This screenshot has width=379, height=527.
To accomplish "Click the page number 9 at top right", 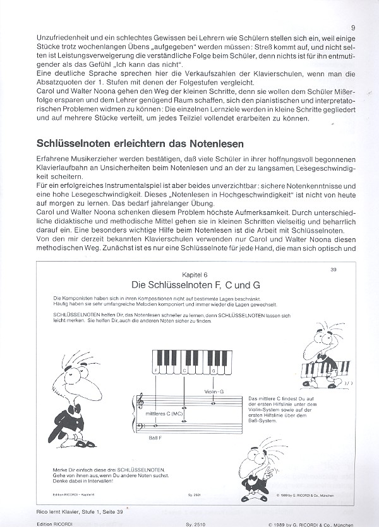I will coord(352,28).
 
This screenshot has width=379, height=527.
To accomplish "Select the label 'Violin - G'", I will coord(215,391).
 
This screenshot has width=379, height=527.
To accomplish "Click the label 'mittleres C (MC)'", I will coord(160,414).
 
